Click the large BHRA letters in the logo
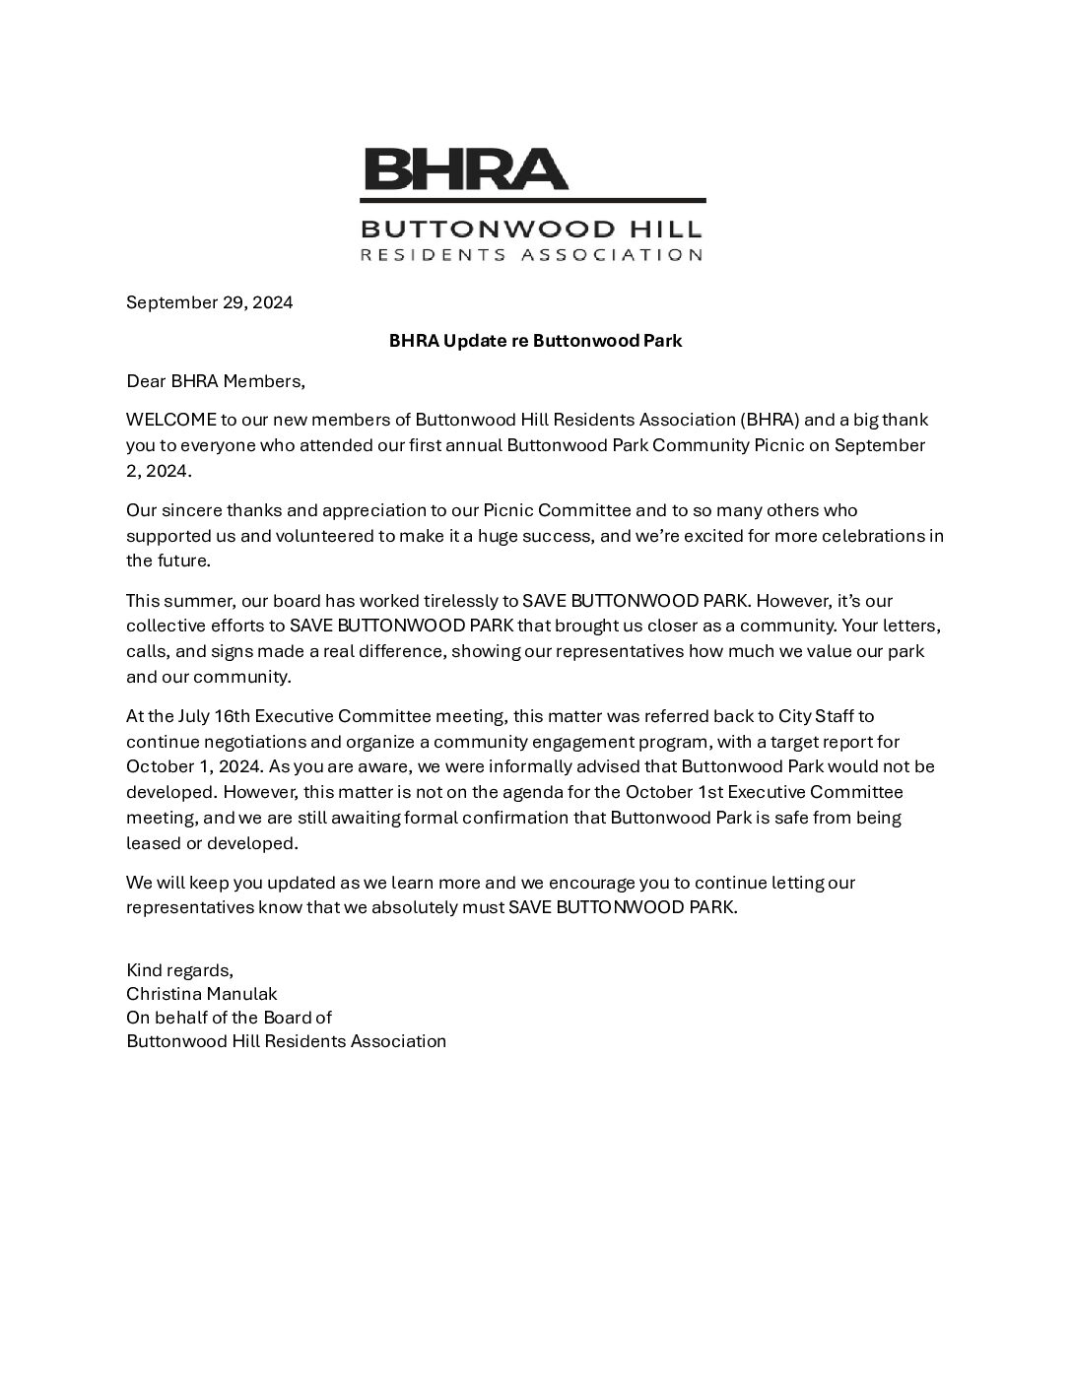point(466,168)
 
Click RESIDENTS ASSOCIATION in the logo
point(532,255)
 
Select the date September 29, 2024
point(209,302)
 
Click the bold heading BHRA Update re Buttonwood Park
point(535,341)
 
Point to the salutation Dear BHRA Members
point(216,380)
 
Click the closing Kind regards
point(179,969)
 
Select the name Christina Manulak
point(202,994)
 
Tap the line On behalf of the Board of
point(229,1018)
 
